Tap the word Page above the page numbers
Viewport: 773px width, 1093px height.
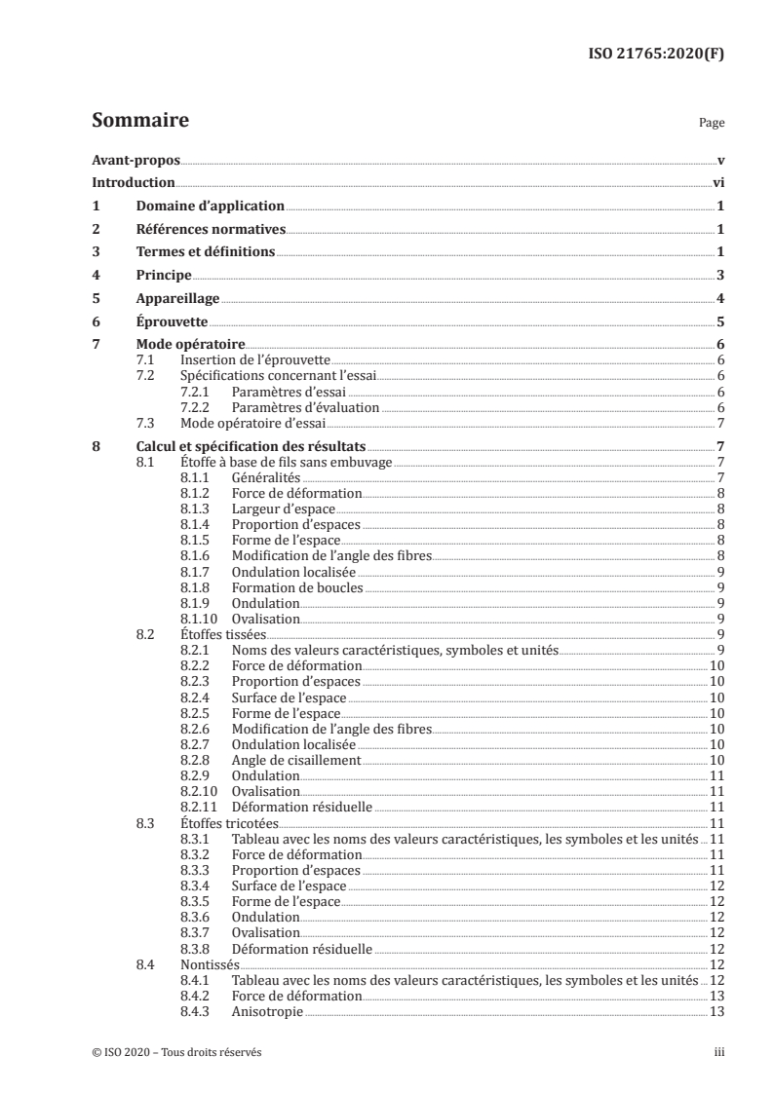pyautogui.click(x=712, y=124)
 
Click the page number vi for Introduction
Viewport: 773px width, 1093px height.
pyautogui.click(x=717, y=183)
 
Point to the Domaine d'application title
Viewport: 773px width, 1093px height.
pyautogui.click(x=210, y=207)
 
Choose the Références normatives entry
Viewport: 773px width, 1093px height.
pyautogui.click(x=210, y=230)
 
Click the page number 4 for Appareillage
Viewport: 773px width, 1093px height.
pyautogui.click(x=719, y=299)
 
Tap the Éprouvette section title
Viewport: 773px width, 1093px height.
pyautogui.click(x=173, y=322)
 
